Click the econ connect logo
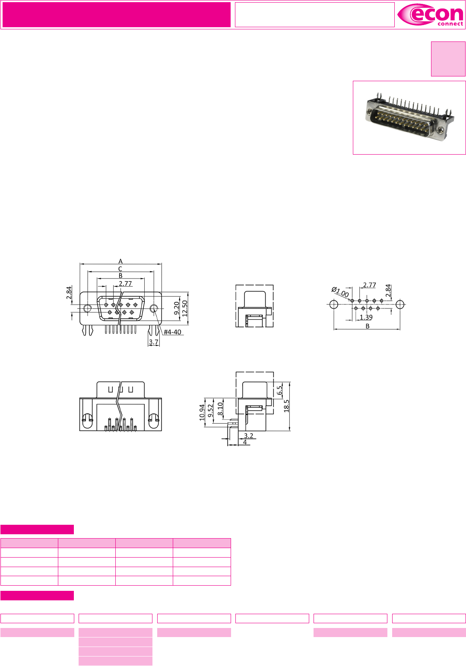[x=430, y=15]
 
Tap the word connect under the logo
[x=450, y=24]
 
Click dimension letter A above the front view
[x=120, y=261]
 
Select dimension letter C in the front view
[x=120, y=269]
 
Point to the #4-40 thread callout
[x=172, y=332]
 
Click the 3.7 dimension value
[x=153, y=342]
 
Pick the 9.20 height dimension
[x=177, y=308]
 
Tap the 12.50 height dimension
[x=185, y=308]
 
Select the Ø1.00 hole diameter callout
[x=340, y=292]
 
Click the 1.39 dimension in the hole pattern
[x=366, y=317]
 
